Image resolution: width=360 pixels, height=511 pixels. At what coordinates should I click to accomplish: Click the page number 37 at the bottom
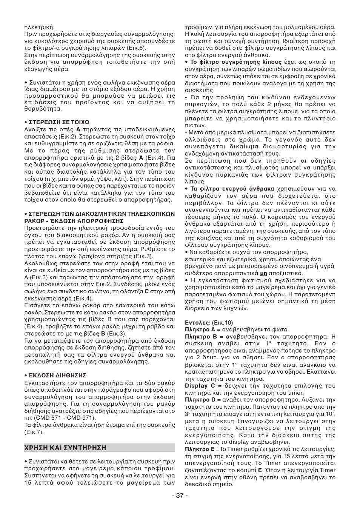[x=180, y=495]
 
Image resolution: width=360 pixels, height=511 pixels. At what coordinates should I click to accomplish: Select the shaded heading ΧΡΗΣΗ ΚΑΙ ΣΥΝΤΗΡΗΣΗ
[x=65, y=448]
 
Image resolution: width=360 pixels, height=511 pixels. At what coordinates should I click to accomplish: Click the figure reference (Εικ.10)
[x=223, y=323]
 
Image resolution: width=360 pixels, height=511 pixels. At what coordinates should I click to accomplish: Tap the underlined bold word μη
[x=264, y=273]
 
